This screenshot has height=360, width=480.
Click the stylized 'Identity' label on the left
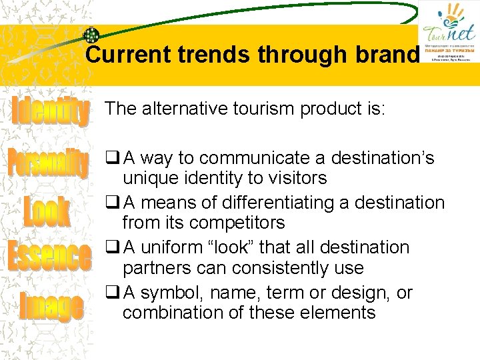click(50, 111)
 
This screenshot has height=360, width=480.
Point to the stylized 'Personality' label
click(48, 163)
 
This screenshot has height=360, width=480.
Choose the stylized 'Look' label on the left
click(47, 211)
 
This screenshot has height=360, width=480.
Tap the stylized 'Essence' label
click(49, 257)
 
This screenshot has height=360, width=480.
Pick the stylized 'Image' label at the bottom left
click(51, 306)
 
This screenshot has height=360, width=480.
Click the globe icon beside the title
click(91, 36)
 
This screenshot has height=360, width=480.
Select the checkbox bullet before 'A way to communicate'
click(112, 159)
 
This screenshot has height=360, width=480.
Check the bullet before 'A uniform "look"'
click(112, 247)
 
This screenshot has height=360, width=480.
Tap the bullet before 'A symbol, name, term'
click(112, 293)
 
